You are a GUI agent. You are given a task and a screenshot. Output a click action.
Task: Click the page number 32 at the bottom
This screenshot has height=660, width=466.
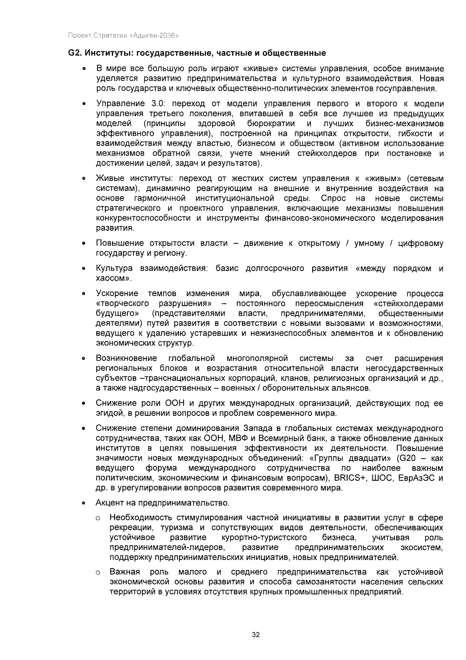coord(256,635)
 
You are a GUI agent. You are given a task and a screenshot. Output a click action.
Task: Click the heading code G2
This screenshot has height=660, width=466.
coord(74,53)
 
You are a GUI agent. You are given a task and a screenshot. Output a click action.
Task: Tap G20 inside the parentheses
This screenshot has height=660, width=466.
coord(407,458)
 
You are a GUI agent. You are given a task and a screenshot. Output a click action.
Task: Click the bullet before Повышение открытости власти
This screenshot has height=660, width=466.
coord(83,244)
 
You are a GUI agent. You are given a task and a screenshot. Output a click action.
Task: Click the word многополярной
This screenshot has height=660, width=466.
coord(257,358)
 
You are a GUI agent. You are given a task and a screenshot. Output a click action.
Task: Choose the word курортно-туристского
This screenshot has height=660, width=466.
coord(264,537)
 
